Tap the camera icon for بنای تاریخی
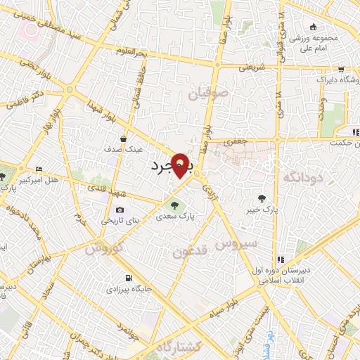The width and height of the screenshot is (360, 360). pos(120,210)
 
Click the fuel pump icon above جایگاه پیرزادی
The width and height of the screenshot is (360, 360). pos(127,278)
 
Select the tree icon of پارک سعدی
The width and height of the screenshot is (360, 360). pos(174,205)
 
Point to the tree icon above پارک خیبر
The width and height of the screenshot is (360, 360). pos(262,199)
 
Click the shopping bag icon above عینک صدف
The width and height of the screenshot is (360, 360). pos(124,139)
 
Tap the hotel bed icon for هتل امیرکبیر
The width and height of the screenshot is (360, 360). pos(39,169)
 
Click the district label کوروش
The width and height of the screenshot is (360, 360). pos(104,247)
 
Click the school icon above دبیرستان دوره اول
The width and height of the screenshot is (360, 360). pos(281,259)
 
